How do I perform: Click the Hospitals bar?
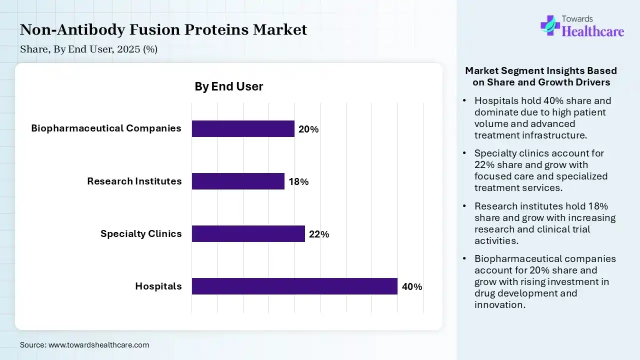(294, 286)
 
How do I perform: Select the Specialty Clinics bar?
(248, 233)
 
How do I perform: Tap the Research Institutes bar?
(238, 181)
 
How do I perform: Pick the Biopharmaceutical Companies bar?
(243, 128)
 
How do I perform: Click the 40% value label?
(412, 287)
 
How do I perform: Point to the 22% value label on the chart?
(319, 234)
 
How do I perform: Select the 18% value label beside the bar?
(298, 182)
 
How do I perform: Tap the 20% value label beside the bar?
(308, 129)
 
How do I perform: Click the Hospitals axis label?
(158, 286)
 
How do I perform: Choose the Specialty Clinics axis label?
(141, 233)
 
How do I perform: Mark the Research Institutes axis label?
(134, 181)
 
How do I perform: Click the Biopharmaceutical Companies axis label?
(106, 128)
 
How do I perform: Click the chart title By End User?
(228, 86)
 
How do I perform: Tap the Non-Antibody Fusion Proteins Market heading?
(163, 30)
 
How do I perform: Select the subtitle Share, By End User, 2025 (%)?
(88, 49)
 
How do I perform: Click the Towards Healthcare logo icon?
(549, 25)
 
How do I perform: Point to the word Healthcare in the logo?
(593, 31)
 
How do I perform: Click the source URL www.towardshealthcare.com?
(98, 345)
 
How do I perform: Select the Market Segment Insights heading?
(541, 76)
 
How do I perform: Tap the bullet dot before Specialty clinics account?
(464, 153)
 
